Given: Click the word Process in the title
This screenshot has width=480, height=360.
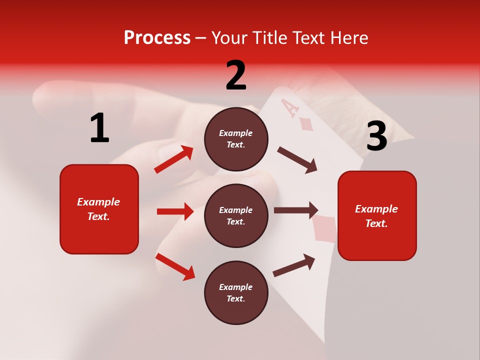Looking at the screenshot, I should click(x=157, y=37).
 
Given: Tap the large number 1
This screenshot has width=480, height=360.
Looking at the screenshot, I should click(x=99, y=128).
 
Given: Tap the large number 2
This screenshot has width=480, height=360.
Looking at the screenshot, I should click(x=236, y=75).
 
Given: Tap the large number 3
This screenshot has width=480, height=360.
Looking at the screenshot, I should click(x=376, y=136).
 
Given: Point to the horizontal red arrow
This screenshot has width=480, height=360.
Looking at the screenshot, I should click(x=175, y=211).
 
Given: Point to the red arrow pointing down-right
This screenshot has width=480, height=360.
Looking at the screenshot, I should click(x=175, y=267).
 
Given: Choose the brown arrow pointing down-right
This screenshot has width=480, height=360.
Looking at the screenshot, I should click(x=297, y=160).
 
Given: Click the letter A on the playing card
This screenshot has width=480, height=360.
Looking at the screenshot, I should click(x=288, y=107).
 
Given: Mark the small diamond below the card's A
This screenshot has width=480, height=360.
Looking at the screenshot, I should click(x=305, y=124).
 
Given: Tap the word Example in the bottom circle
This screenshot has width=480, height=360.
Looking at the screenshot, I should click(x=236, y=287).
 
